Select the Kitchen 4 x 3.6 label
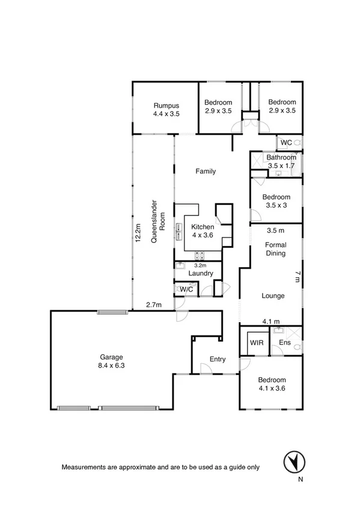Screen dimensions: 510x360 202,231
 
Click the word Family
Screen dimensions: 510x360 206,171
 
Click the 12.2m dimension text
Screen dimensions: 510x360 138,233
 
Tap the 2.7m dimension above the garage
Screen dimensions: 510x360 154,306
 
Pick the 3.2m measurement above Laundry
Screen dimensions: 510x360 200,265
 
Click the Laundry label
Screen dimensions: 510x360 201,274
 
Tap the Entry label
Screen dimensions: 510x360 218,360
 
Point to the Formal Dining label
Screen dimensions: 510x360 276,249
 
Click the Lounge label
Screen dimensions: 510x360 272,296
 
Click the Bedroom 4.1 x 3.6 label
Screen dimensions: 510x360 272,384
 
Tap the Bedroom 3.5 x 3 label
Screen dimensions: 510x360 276,201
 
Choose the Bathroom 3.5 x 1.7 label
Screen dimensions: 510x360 281,161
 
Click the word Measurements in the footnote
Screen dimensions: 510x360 84,467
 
